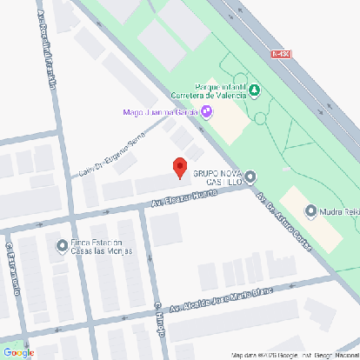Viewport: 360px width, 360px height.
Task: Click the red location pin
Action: (180, 167)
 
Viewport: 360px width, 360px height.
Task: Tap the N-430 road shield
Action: (280, 54)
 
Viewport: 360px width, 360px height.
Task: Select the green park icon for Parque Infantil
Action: (254, 90)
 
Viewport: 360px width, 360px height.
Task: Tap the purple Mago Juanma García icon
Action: (206, 111)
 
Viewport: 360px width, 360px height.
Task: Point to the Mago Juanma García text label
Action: (160, 111)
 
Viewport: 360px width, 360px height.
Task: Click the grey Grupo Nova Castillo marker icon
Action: (251, 177)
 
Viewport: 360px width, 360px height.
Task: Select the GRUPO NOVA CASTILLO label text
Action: (217, 178)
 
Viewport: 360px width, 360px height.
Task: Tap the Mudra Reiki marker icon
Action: (310, 210)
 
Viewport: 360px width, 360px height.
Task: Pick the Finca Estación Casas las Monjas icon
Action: (61, 245)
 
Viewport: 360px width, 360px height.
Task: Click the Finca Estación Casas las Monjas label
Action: (97, 246)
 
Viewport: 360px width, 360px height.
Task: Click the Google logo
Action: (19, 352)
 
